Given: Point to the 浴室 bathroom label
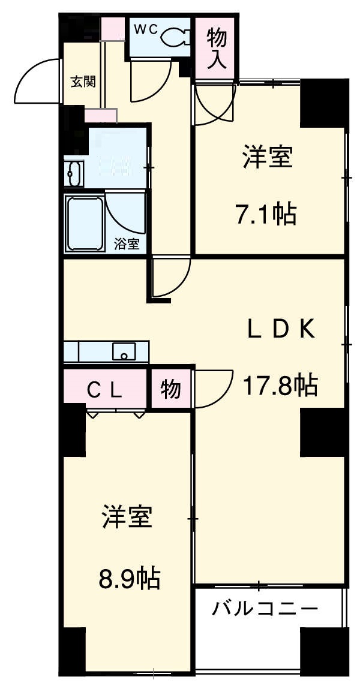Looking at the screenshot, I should pyautogui.click(x=127, y=243).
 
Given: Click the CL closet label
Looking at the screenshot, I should pyautogui.click(x=106, y=390).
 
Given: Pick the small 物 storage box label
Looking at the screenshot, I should pyautogui.click(x=170, y=390).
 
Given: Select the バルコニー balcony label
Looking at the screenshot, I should pyautogui.click(x=265, y=610).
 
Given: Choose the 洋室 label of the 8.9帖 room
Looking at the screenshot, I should pyautogui.click(x=127, y=517).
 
